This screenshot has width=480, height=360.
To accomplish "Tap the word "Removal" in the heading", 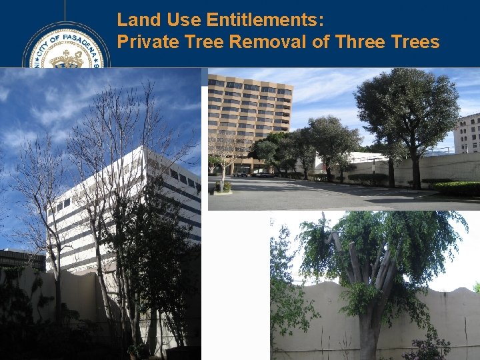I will (257, 42).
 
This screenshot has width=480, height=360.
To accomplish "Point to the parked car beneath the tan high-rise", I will (241, 173).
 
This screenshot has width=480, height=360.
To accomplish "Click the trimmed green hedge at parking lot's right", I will (457, 189).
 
